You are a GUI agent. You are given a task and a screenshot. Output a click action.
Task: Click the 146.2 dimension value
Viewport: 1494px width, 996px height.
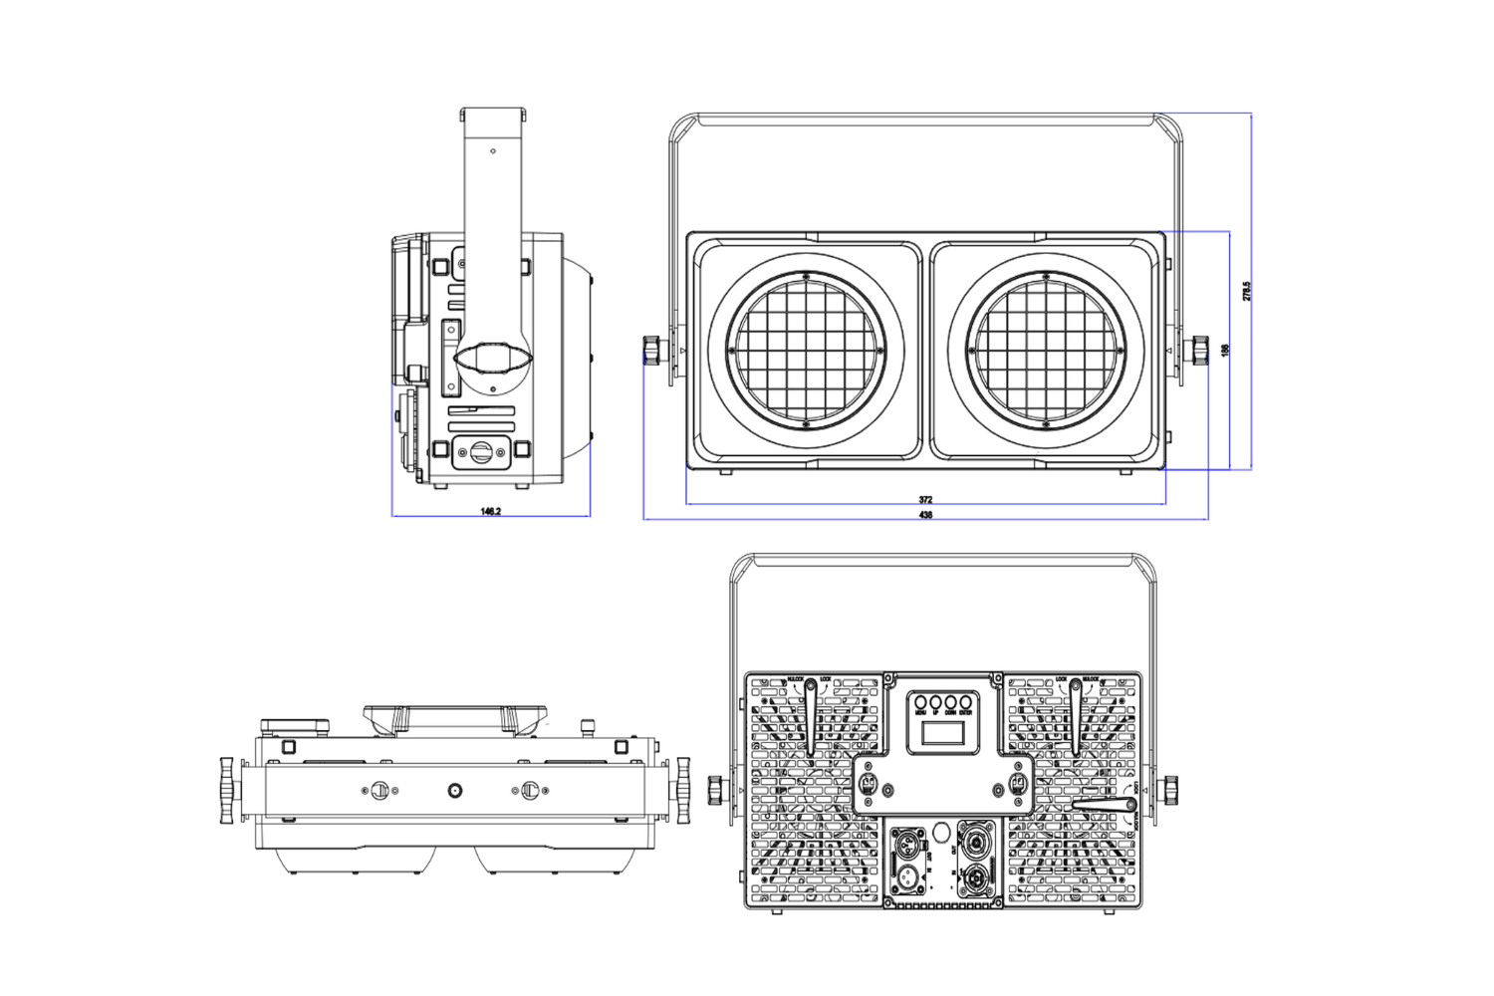pos(490,511)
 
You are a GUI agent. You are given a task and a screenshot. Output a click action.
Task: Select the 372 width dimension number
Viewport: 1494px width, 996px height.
pos(925,499)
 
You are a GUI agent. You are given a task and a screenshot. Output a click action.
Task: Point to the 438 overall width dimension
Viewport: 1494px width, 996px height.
pos(925,515)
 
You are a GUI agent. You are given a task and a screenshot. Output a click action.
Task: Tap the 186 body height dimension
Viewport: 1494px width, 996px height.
pos(1225,351)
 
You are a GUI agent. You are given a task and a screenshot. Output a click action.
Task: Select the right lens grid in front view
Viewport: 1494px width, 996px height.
pos(1046,351)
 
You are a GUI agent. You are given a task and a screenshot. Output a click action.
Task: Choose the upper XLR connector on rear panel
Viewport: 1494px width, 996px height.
pos(909,840)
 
